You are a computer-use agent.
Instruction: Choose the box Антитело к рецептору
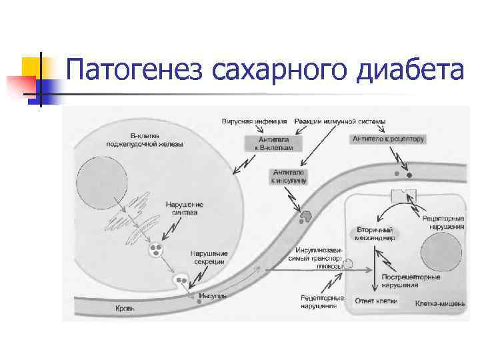pos(387,139)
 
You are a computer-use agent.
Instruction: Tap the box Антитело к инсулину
pos(289,176)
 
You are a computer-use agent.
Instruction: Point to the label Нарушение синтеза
pos(185,208)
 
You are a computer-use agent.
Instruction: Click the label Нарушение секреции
pos(209,257)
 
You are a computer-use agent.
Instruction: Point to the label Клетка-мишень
pos(439,303)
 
